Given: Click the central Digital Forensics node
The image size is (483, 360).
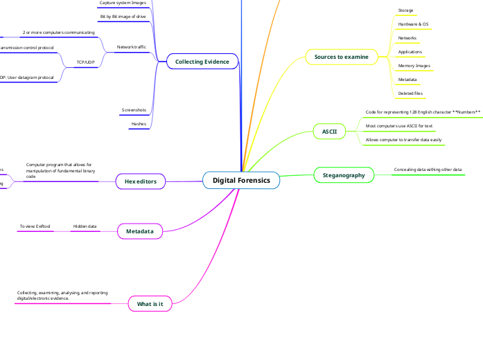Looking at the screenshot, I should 241,181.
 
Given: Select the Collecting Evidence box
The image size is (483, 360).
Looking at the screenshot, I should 202,62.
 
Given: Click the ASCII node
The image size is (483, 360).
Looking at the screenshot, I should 329,131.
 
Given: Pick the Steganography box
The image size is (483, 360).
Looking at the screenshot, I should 344,175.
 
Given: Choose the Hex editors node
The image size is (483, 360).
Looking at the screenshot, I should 140,181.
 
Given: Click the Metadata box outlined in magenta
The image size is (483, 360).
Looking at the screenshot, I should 139,231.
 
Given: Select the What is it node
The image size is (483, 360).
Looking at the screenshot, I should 150,304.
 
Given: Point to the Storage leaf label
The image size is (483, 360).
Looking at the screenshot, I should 405,10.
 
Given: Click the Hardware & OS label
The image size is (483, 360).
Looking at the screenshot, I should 413,24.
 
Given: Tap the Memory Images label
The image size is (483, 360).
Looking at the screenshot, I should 414,66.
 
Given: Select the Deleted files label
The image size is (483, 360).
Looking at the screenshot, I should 410,93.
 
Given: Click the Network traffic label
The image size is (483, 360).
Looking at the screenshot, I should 132,47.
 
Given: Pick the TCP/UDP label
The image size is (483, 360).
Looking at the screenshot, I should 85,62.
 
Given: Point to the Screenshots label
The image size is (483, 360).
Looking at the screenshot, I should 133,110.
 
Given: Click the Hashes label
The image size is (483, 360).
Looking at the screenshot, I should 139,124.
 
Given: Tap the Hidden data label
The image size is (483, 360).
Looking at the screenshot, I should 85,226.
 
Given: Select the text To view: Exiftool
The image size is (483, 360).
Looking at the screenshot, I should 35,226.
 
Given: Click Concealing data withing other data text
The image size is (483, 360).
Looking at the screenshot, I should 428,170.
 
